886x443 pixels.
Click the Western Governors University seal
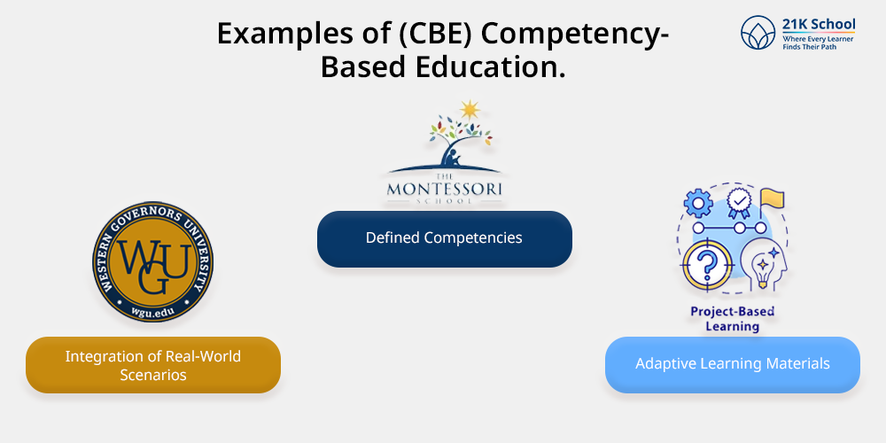(x=152, y=261)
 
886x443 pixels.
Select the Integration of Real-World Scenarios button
(x=153, y=365)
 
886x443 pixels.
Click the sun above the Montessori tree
(x=469, y=110)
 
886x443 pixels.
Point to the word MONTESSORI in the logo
(x=445, y=188)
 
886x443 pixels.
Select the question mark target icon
(x=708, y=264)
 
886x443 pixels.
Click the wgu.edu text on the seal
(x=152, y=310)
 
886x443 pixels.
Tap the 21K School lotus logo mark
(x=758, y=32)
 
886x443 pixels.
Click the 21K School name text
(x=819, y=24)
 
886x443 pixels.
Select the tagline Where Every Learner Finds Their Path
(x=818, y=43)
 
